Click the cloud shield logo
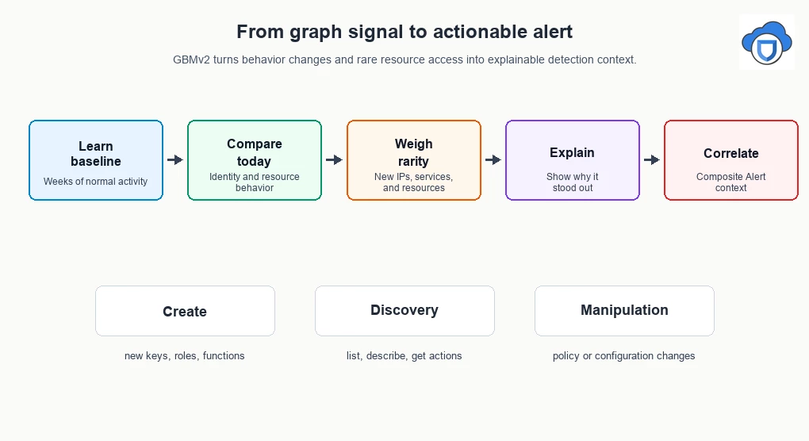pos(767,42)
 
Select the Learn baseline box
pos(96,160)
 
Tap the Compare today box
pos(255,160)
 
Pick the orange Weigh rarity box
pos(414,160)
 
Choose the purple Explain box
pos(573,160)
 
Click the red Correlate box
pos(731,160)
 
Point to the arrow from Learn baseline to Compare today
pos(175,160)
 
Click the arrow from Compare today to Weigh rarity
pos(335,160)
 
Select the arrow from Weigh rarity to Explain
pos(493,160)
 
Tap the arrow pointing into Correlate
pos(652,160)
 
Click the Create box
pos(186,311)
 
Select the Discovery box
pos(405,311)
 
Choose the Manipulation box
pos(624,311)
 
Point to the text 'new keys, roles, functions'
pos(185,356)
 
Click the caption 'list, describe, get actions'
pos(404,356)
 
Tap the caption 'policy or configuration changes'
pos(623,356)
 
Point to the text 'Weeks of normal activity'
pos(95,182)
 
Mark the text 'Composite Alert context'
pos(731,182)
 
